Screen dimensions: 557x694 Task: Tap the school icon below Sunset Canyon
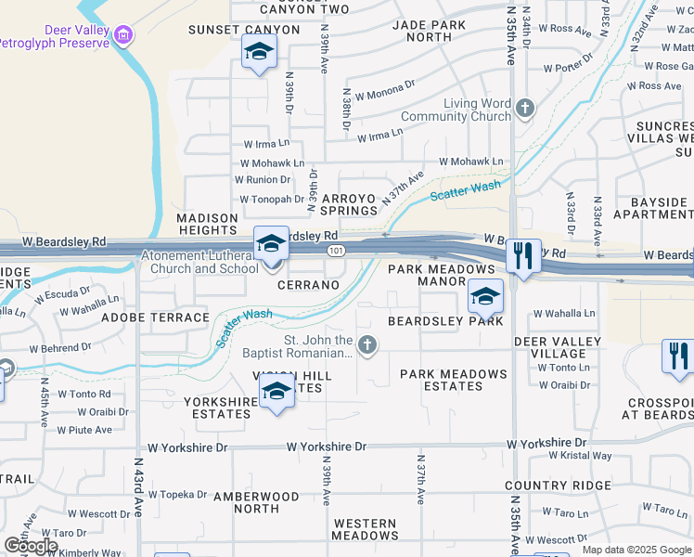259,53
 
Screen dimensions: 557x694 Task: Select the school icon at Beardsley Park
485,298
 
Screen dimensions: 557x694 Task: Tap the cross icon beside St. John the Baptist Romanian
367,346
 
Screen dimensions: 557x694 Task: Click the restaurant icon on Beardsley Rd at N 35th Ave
523,255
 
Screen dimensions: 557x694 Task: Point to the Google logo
31,545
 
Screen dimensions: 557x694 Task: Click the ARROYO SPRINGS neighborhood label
349,204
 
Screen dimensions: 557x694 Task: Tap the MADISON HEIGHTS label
207,224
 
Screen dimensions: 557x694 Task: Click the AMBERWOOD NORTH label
256,502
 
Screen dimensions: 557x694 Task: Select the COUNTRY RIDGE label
558,486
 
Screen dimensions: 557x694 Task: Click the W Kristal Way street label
580,456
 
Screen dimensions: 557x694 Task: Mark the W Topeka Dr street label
177,495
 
